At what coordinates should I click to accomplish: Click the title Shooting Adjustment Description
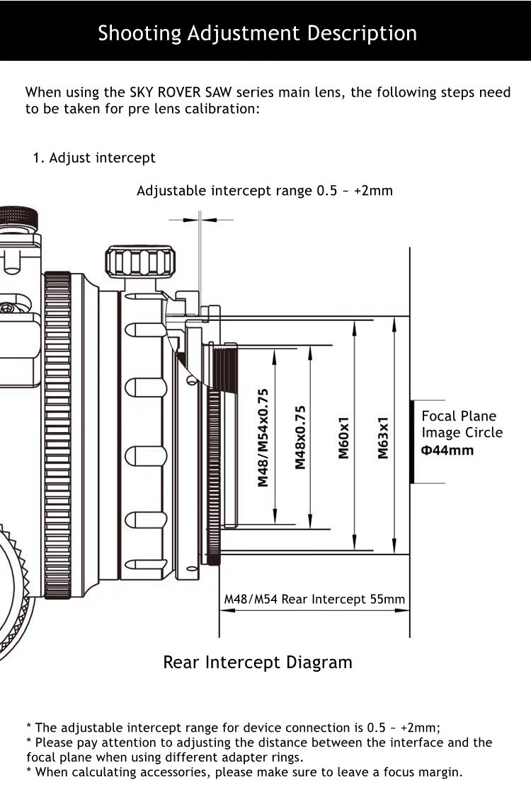click(x=257, y=33)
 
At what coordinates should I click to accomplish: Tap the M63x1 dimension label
click(x=383, y=437)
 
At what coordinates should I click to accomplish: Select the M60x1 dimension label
click(x=344, y=437)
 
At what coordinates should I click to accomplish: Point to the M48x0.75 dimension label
click(x=300, y=437)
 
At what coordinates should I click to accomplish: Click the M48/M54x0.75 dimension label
click(x=263, y=437)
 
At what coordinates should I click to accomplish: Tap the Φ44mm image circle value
click(x=447, y=450)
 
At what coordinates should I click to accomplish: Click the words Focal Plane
click(x=459, y=416)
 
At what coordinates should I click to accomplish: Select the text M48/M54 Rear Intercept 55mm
click(x=314, y=600)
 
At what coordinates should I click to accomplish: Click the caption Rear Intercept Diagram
click(x=258, y=663)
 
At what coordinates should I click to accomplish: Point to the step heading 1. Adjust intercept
click(x=94, y=158)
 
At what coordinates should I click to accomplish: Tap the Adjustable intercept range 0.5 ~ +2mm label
click(x=264, y=191)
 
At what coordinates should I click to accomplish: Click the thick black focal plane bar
click(x=411, y=442)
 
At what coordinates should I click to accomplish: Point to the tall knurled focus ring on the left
click(x=57, y=435)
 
